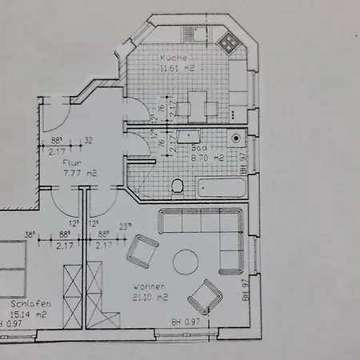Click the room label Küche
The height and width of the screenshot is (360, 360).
(x=172, y=58)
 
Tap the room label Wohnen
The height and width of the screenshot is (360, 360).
(x=150, y=286)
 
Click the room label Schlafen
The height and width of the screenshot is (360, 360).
(x=32, y=305)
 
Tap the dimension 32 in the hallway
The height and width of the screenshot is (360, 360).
(x=88, y=139)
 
